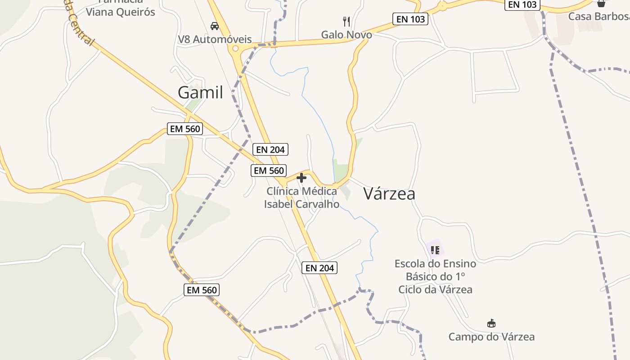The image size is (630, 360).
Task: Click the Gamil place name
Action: (200, 92)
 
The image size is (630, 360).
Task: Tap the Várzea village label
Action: (389, 193)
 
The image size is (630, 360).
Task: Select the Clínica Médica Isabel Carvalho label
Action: (301, 198)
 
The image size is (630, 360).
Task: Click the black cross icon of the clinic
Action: (301, 178)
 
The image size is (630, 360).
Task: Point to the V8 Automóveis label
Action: (215, 39)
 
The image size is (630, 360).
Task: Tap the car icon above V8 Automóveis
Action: (215, 26)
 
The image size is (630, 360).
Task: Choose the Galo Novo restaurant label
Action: (346, 35)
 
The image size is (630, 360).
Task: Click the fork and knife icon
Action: (346, 21)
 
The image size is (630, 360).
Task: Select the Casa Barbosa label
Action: (598, 16)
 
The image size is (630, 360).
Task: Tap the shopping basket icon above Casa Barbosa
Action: (601, 4)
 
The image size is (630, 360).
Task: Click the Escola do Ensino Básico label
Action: (435, 276)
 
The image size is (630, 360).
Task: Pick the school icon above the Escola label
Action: (435, 250)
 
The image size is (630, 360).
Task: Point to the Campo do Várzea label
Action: (491, 337)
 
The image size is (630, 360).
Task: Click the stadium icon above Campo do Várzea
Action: (491, 323)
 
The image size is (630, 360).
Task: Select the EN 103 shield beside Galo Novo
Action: (410, 19)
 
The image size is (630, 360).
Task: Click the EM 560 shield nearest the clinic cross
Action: (269, 171)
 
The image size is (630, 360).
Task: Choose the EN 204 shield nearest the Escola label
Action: (319, 268)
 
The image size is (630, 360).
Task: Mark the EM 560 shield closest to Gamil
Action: (185, 129)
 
